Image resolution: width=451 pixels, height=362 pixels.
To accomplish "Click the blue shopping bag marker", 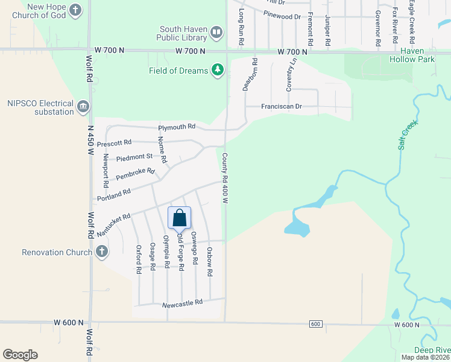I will click(x=180, y=218).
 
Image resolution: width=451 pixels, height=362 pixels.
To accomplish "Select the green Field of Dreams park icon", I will click(x=218, y=71).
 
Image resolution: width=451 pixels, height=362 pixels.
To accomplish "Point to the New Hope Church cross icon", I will click(x=75, y=10).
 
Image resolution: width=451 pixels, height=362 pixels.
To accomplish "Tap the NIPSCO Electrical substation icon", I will click(x=83, y=107).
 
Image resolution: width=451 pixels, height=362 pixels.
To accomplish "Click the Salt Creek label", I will click(x=408, y=135).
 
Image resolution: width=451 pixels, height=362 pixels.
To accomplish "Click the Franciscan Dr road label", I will click(x=281, y=107).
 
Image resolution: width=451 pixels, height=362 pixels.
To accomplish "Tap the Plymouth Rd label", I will click(x=177, y=127).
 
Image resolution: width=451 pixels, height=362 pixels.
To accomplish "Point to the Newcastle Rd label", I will click(x=182, y=303).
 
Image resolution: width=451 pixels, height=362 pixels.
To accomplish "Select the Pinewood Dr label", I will click(x=282, y=17).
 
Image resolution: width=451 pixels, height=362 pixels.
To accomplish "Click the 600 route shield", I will click(x=316, y=324).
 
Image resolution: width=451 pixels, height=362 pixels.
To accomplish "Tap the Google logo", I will click(x=20, y=355).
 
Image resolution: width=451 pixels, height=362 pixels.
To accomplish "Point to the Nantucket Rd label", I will click(x=113, y=224).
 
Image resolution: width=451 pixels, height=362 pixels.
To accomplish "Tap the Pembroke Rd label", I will click(x=135, y=175).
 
